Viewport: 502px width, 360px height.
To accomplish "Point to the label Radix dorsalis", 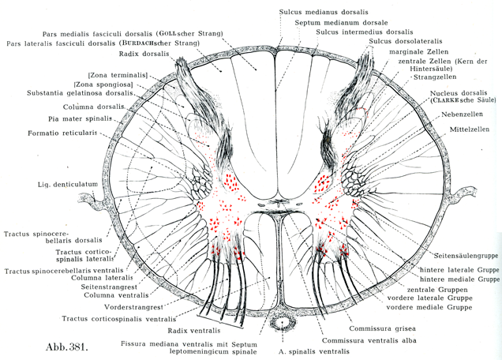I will [x=145, y=54].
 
